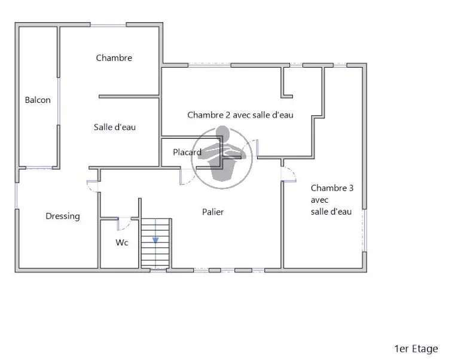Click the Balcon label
[38, 100]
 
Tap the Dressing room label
[63, 216]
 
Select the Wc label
[122, 242]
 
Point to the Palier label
[213, 212]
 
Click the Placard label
[187, 152]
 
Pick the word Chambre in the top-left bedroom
[114, 58]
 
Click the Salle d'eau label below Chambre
[115, 127]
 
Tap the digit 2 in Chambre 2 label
[228, 115]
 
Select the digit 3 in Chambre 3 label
[351, 188]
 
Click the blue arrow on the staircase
[155, 240]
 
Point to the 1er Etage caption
[416, 349]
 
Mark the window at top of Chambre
[108, 25]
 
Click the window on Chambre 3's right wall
[365, 230]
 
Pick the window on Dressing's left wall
[17, 196]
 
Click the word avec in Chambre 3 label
[319, 200]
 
